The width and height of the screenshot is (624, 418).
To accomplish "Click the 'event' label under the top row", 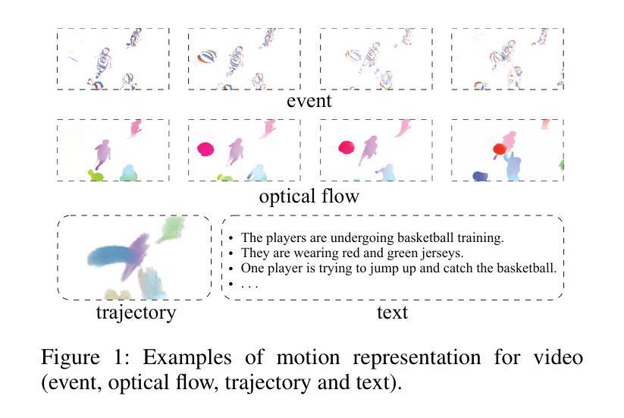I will pos(309,101).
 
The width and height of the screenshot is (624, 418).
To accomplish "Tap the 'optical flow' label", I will pos(309,196).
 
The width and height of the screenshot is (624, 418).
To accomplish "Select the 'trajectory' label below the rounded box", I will pos(136,312).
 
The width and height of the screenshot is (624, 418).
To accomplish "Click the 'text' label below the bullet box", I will pos(392,312).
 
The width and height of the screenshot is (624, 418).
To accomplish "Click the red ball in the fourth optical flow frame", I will pos(499,149).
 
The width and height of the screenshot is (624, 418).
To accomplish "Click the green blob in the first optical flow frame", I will pos(95,176).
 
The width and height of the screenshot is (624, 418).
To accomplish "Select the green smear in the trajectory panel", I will pos(172,228).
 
